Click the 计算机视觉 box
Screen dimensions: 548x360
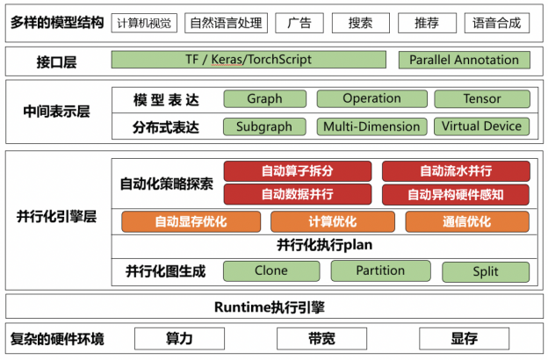pyautogui.click(x=144, y=23)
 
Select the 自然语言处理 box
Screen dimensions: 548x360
pyautogui.click(x=226, y=23)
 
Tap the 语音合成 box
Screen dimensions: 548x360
pyautogui.click(x=497, y=23)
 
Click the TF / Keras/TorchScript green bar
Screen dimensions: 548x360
pyautogui.click(x=249, y=60)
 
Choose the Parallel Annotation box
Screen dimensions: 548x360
pyautogui.click(x=464, y=60)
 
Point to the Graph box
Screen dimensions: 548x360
pyautogui.click(x=265, y=99)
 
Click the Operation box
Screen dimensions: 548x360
pyautogui.click(x=371, y=98)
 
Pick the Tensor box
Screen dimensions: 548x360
pyautogui.click(x=482, y=99)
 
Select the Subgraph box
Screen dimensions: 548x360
pyautogui.click(x=264, y=126)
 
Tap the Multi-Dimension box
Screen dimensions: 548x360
pyautogui.click(x=371, y=126)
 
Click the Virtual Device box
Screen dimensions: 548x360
pyautogui.click(x=481, y=126)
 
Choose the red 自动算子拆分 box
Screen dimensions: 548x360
pyautogui.click(x=298, y=171)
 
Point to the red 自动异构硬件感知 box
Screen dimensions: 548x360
pyautogui.click(x=456, y=195)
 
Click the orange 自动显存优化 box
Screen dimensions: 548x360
pyautogui.click(x=191, y=221)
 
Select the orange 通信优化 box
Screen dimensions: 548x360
pyautogui.click(x=467, y=221)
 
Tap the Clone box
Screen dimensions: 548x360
pyautogui.click(x=271, y=270)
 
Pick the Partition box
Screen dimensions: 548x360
pyautogui.click(x=380, y=270)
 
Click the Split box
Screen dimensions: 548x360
pyautogui.click(x=486, y=272)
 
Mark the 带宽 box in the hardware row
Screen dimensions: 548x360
pyautogui.click(x=322, y=339)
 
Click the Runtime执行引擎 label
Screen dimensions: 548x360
pyautogui.click(x=270, y=307)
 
